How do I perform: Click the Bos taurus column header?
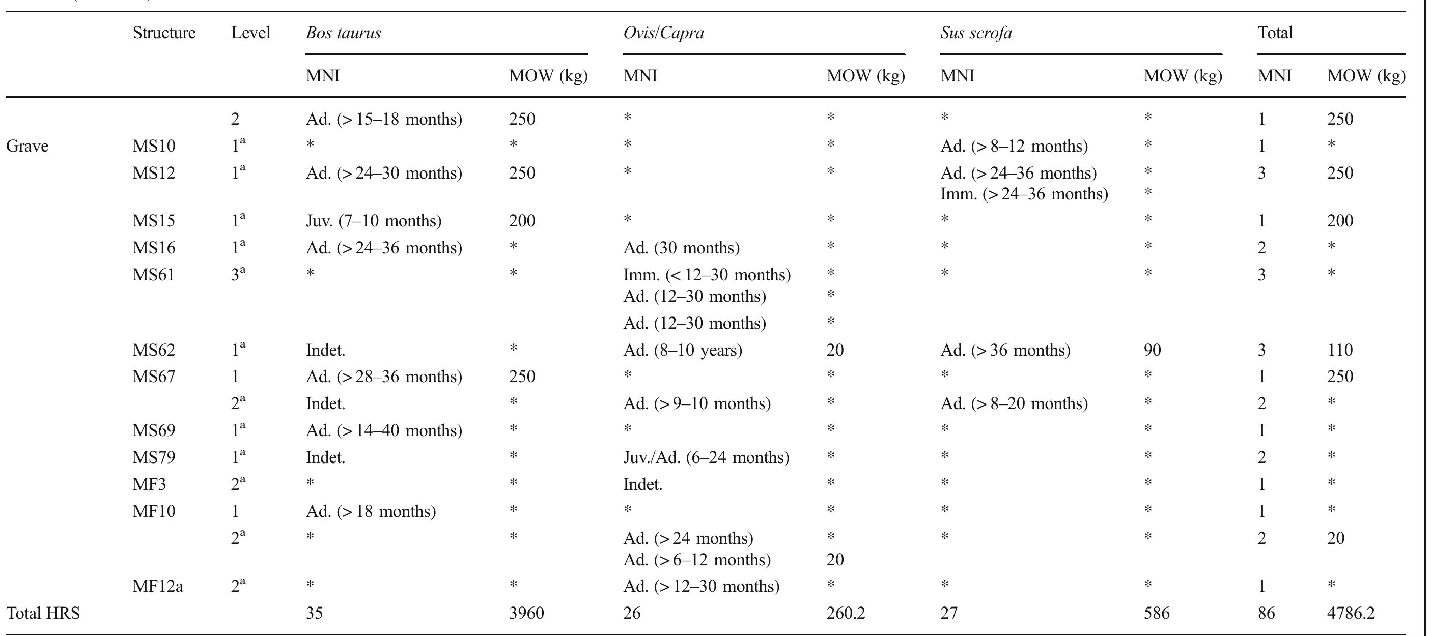coord(343,34)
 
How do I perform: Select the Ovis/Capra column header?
coord(663,34)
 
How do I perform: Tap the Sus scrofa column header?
coord(976,34)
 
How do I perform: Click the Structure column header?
coord(164,34)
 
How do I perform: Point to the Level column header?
coord(250,34)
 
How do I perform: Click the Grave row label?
coord(27,146)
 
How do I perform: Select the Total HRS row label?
coord(43,613)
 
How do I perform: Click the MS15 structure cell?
coord(153,221)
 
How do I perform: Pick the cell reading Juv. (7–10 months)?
coord(373,221)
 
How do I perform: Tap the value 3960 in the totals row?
coord(526,613)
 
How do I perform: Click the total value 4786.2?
coord(1351,613)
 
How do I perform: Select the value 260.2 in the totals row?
coord(846,613)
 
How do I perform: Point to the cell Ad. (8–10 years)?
coord(682,351)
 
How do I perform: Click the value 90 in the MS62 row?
coord(1152,351)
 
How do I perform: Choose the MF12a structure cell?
coord(158,587)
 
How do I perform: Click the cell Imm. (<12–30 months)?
coord(707,275)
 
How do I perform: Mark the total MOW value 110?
coord(1340,351)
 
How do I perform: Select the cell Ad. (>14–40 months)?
coord(384,431)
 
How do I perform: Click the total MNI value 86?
coord(1266,613)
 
